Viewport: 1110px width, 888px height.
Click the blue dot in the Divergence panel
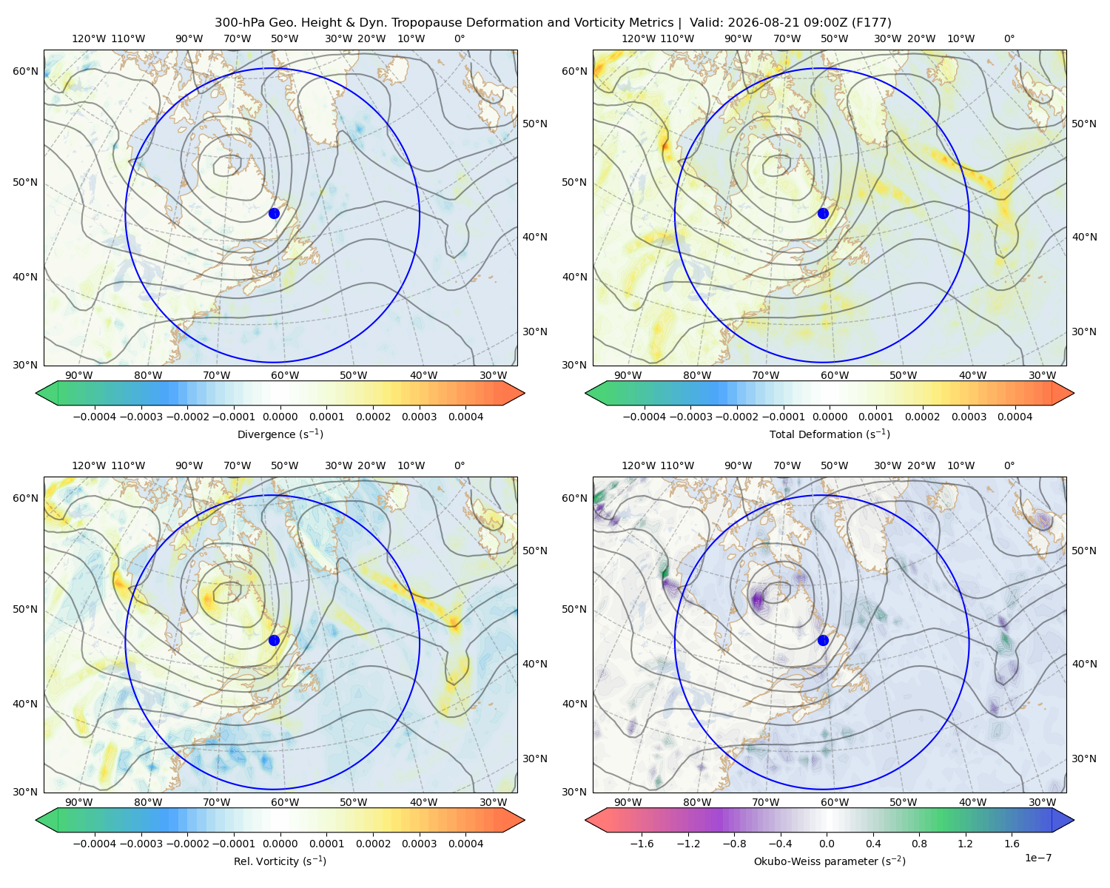[274, 213]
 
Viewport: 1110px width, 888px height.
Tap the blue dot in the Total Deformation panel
[823, 213]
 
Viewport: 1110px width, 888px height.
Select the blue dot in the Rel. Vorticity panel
[274, 640]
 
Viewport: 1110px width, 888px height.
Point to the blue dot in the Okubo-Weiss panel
[823, 640]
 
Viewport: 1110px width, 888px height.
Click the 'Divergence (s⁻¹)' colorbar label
[280, 434]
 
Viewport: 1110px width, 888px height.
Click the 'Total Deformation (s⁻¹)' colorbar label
[830, 434]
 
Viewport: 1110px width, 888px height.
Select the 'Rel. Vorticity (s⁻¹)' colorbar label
[280, 861]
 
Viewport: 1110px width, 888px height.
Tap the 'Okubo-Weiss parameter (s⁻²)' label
[830, 861]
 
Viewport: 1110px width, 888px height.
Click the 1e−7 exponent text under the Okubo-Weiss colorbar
[1037, 858]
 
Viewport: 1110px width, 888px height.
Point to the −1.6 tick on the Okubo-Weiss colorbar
[642, 844]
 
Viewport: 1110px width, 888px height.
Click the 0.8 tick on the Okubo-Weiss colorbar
[919, 844]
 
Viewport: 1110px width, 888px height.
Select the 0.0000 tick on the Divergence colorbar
[280, 417]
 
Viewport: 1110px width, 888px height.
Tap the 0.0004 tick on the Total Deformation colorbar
[1015, 417]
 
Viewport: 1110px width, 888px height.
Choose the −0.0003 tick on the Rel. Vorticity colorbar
[141, 844]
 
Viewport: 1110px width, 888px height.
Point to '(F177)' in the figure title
[872, 23]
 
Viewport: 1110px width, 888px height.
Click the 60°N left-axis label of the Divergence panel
[25, 71]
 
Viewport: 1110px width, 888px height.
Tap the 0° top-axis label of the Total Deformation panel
[1009, 38]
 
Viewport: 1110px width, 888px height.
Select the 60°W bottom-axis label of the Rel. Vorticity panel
[285, 802]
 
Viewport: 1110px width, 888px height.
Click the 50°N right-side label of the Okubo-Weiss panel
[1084, 551]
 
